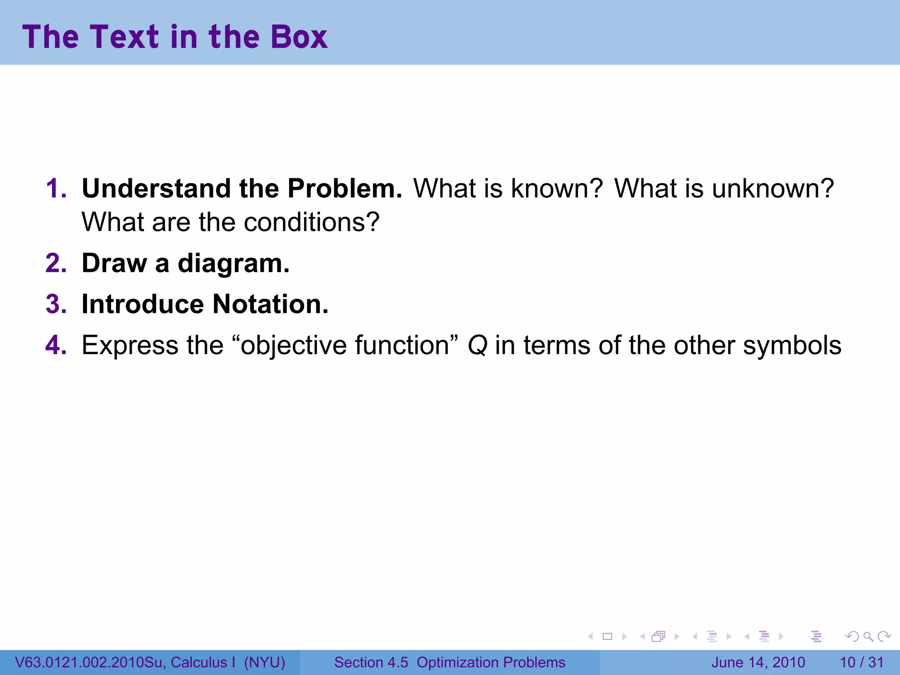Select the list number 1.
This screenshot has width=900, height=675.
click(56, 189)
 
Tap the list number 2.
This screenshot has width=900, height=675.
click(56, 263)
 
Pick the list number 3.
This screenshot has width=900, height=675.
click(56, 304)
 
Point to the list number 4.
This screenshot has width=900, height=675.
click(56, 345)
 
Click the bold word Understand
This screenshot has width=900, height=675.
click(156, 189)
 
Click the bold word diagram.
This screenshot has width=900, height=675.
click(233, 263)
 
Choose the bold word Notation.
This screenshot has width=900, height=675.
click(270, 304)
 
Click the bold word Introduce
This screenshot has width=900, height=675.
click(143, 304)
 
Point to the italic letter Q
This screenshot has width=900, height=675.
click(477, 346)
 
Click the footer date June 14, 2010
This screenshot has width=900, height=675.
click(758, 662)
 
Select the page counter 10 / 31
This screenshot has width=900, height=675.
click(861, 662)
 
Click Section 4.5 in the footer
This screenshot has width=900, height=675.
click(371, 662)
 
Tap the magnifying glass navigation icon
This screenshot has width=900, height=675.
click(868, 636)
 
